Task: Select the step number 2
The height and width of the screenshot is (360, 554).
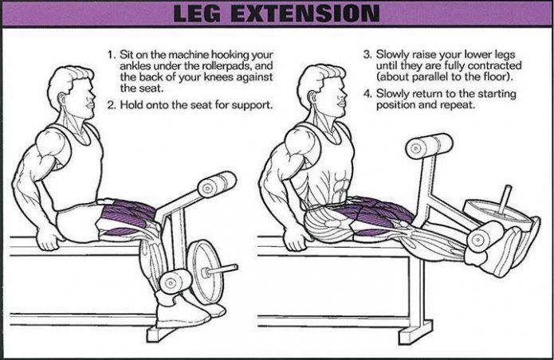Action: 112,105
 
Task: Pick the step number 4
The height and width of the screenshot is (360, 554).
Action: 367,94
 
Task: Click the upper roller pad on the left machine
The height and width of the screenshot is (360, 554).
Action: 216,186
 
